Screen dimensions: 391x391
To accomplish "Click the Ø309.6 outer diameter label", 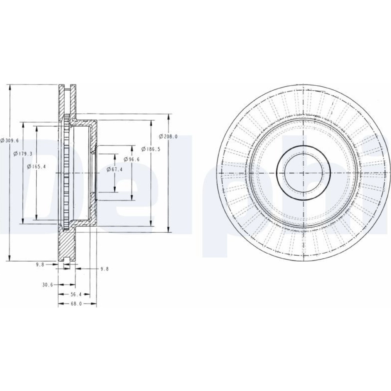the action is (10, 140).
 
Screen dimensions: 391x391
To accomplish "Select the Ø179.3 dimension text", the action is (23, 154).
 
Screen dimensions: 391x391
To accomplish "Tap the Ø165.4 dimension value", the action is (37, 167).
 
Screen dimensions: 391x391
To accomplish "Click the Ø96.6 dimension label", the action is (132, 159).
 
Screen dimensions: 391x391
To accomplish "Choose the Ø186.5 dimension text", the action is (151, 149).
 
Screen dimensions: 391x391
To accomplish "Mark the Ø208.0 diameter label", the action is (168, 136).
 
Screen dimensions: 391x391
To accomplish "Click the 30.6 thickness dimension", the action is (48, 285).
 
